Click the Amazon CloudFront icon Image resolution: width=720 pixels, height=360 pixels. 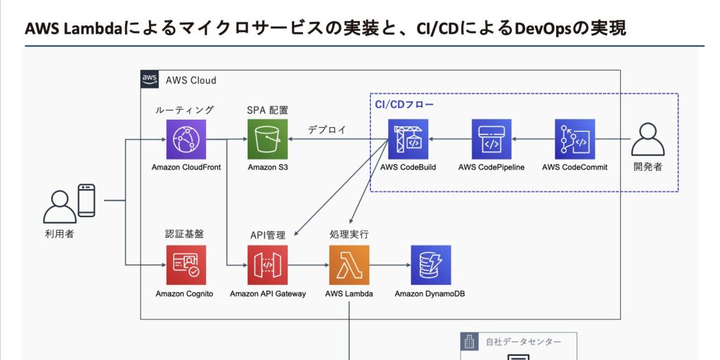[186, 139]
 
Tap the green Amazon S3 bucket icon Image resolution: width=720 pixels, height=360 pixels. [268, 139]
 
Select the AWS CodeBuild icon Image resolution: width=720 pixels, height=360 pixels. [409, 139]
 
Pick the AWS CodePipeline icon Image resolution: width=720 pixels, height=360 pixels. [491, 139]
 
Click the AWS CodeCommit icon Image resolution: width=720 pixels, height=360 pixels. [574, 139]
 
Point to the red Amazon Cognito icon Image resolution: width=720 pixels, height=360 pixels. [186, 265]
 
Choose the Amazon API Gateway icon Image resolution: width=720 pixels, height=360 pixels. [268, 265]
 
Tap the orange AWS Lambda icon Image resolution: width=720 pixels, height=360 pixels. [349, 265]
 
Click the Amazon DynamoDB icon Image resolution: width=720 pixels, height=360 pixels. [430, 265]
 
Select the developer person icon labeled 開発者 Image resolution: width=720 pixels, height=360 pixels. [648, 140]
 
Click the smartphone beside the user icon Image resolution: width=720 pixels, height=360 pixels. [86, 200]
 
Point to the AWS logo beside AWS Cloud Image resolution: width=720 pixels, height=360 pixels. [149, 79]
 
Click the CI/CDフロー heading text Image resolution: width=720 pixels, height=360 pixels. [404, 104]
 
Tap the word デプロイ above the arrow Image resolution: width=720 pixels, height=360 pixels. [326, 130]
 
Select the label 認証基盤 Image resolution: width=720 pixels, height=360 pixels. [184, 234]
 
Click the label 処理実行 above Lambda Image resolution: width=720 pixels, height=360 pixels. [349, 234]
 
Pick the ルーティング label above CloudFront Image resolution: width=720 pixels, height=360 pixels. [184, 110]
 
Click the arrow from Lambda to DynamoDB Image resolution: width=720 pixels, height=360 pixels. [390, 265]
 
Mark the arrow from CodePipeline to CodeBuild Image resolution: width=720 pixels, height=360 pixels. [450, 139]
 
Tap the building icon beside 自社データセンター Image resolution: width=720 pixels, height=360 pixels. [469, 342]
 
